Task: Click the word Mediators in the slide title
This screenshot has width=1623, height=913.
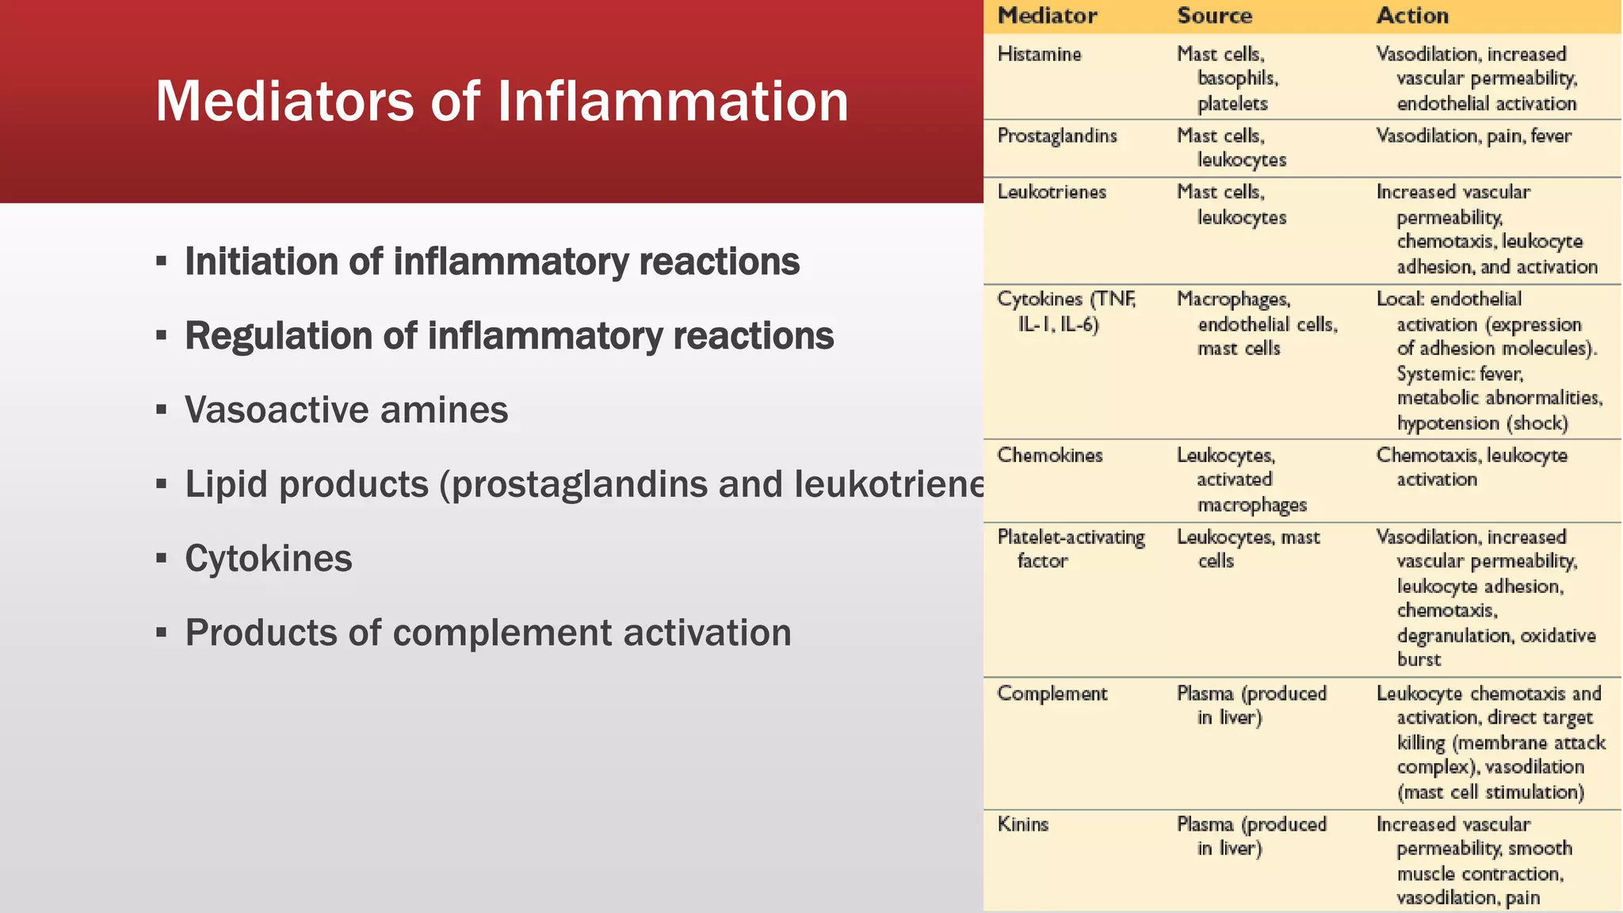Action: click(285, 101)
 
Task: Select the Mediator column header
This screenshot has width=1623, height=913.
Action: click(1047, 16)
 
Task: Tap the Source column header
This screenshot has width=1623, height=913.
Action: click(1214, 16)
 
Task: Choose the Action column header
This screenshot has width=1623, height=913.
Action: click(1412, 16)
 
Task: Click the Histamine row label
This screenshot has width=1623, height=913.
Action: click(1039, 54)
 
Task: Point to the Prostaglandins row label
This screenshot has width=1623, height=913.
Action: click(1057, 136)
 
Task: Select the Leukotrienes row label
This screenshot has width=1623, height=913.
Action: click(1052, 192)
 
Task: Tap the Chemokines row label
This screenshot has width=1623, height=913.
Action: click(1050, 455)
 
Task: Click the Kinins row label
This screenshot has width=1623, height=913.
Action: click(1023, 824)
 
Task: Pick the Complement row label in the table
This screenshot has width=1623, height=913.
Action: click(1052, 693)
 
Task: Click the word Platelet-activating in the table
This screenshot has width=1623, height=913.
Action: click(1071, 537)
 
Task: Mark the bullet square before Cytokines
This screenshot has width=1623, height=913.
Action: click(162, 559)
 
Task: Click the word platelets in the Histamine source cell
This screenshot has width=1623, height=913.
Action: click(1232, 104)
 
